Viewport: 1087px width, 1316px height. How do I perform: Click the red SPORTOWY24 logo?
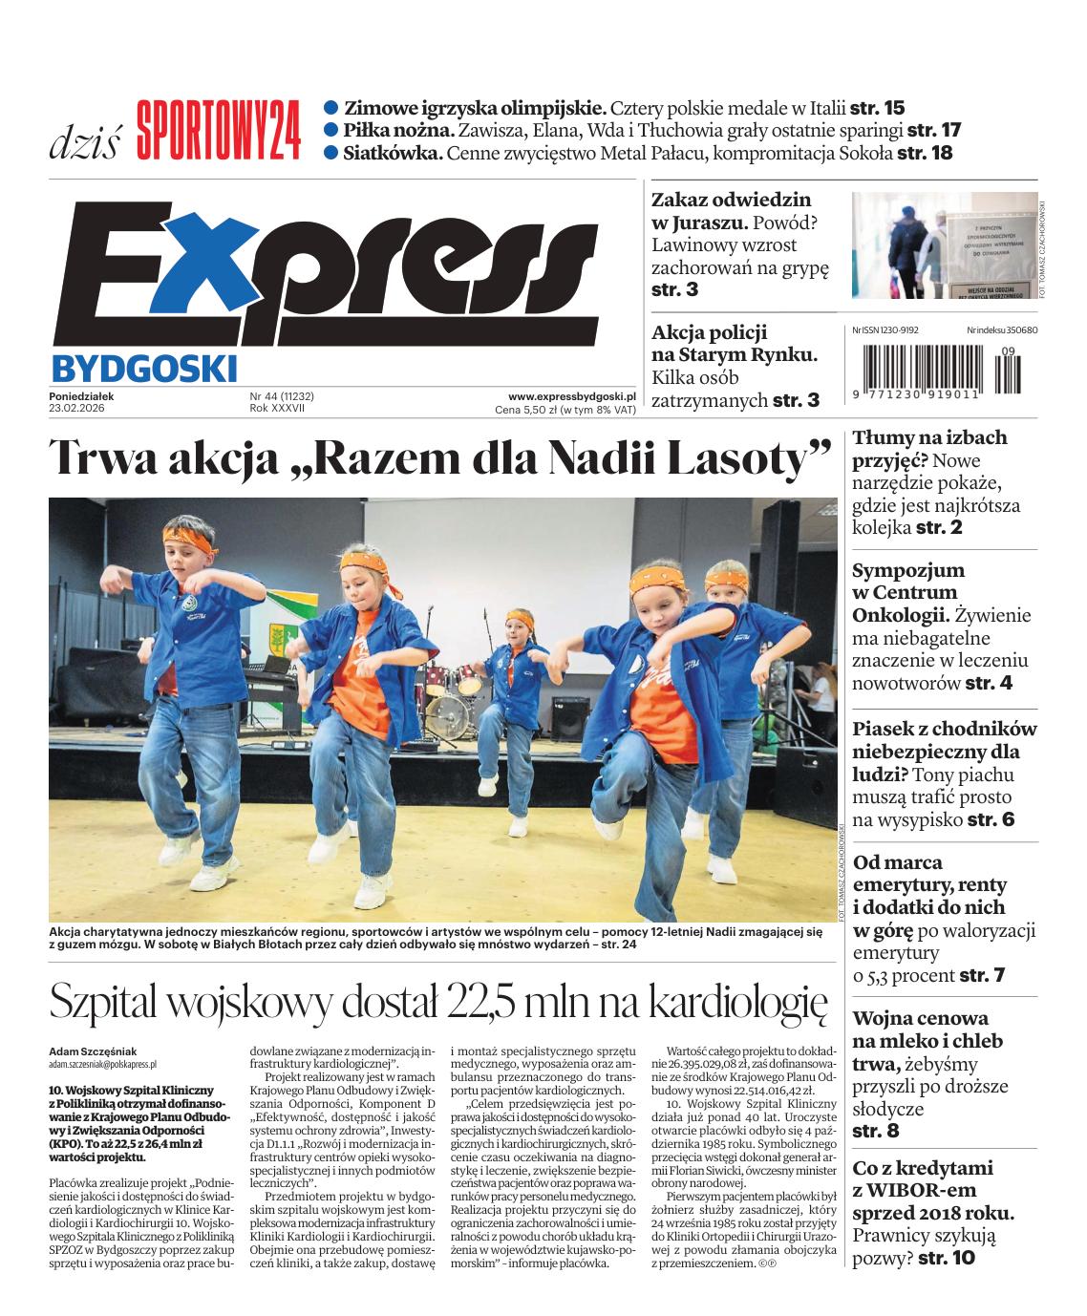(x=218, y=131)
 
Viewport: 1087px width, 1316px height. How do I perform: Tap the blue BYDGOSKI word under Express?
(x=142, y=367)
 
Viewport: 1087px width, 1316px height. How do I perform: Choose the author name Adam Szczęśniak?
(x=93, y=1051)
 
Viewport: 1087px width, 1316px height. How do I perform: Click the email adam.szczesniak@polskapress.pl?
(x=102, y=1063)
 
